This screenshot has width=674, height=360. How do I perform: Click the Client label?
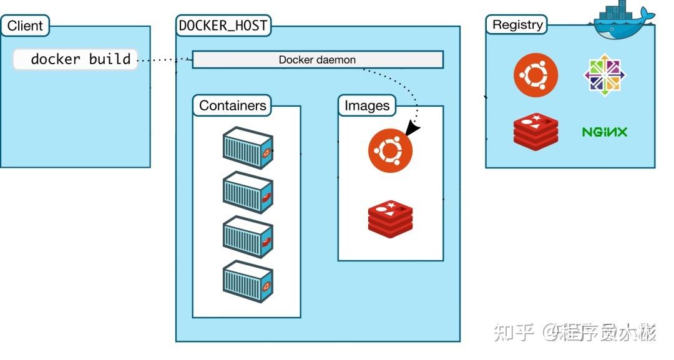(25, 26)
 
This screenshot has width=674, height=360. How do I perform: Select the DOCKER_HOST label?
(223, 26)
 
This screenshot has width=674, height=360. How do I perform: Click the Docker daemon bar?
(317, 60)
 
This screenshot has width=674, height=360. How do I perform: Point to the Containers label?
(232, 105)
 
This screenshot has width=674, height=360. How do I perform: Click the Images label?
(367, 105)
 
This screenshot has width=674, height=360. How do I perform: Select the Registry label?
(517, 25)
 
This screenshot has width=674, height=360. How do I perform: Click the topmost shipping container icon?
(248, 147)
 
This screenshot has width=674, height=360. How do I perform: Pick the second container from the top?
(248, 192)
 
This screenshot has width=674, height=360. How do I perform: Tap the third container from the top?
(248, 236)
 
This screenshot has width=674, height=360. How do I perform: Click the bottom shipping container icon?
(248, 281)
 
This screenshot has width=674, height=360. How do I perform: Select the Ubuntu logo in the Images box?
(390, 150)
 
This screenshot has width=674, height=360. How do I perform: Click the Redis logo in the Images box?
(390, 220)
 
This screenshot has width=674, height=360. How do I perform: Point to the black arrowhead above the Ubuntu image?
(412, 129)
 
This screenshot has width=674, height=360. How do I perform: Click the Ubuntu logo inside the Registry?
(535, 75)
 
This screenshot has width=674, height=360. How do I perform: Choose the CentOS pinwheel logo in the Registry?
(605, 75)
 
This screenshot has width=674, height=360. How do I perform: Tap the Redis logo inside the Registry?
(535, 131)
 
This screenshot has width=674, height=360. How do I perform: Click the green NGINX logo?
(604, 132)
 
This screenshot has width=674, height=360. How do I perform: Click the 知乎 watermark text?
(514, 332)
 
